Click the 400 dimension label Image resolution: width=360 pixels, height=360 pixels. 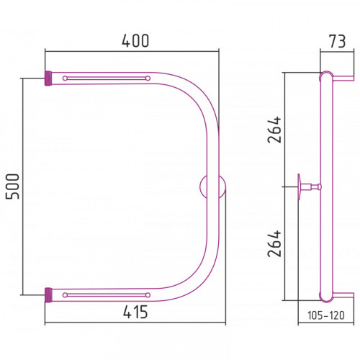click(x=135, y=41)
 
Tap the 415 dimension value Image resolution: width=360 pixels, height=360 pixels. click(x=135, y=312)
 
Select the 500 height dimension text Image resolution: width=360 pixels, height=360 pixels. click(x=12, y=186)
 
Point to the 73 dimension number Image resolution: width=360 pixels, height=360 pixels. click(x=337, y=41)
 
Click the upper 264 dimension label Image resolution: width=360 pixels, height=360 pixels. click(x=274, y=130)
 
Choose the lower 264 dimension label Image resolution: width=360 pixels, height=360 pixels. click(x=274, y=243)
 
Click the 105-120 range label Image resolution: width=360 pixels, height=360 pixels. click(x=326, y=315)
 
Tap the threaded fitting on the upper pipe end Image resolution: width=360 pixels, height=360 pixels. click(x=48, y=78)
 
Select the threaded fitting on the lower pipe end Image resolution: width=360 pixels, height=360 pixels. click(x=48, y=295)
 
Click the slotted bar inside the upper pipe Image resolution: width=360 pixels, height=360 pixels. click(x=107, y=78)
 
